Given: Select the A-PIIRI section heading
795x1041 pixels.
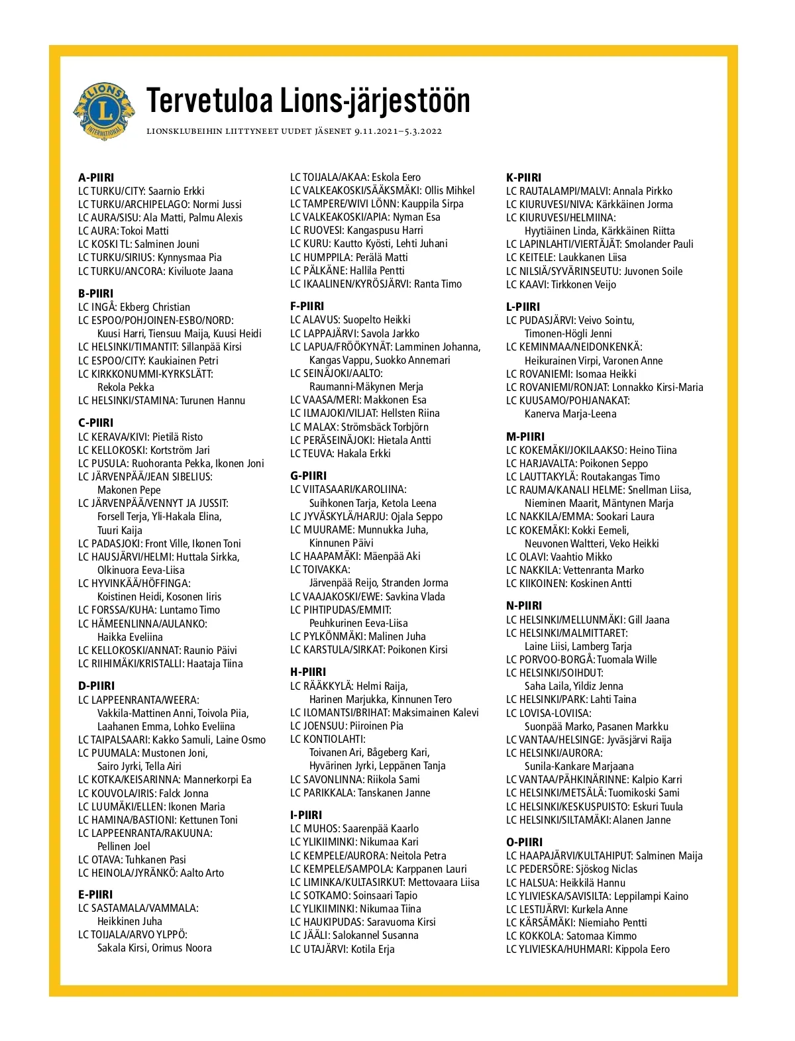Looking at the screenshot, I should pos(96,178).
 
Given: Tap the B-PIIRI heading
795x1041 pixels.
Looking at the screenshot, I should pos(96,294).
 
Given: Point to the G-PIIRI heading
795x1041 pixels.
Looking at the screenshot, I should pos(308,476).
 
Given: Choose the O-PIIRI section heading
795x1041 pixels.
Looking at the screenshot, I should pos(524,842).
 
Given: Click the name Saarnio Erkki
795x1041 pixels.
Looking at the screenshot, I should pos(176,191).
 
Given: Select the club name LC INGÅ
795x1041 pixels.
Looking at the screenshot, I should pos(97,307).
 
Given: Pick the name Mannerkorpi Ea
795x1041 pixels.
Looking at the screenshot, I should pos(217,780).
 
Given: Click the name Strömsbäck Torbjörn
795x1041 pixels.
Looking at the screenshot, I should pos(385,427).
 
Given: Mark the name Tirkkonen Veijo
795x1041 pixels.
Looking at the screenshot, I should pos(584,284).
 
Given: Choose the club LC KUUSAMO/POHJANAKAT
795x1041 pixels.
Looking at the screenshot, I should pos(568,400).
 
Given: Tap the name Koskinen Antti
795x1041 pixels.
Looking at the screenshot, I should pos(601,583).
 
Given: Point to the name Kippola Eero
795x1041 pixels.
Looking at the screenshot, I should pos(643,949).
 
